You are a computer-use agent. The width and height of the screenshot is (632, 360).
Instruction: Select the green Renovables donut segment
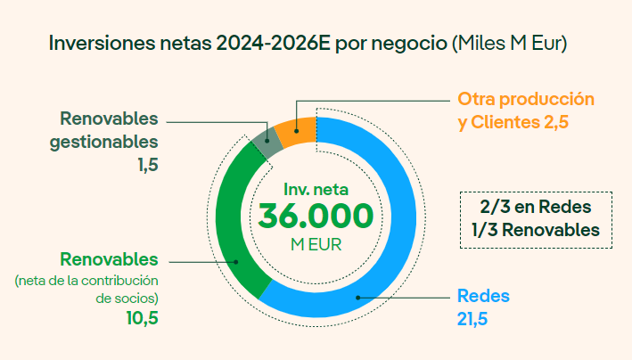[x=234, y=223]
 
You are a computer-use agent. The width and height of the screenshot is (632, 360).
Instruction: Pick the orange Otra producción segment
[x=294, y=131]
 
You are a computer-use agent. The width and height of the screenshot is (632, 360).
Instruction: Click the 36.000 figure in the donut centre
[x=316, y=217]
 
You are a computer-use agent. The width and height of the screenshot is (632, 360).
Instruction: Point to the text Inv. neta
[x=316, y=190]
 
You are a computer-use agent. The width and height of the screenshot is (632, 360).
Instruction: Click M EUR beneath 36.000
[x=316, y=242]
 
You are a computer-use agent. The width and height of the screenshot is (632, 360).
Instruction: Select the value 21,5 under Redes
[x=473, y=318]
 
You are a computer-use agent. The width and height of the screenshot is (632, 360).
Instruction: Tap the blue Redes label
[x=482, y=296]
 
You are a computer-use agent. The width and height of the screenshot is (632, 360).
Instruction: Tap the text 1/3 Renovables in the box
[x=535, y=229]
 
